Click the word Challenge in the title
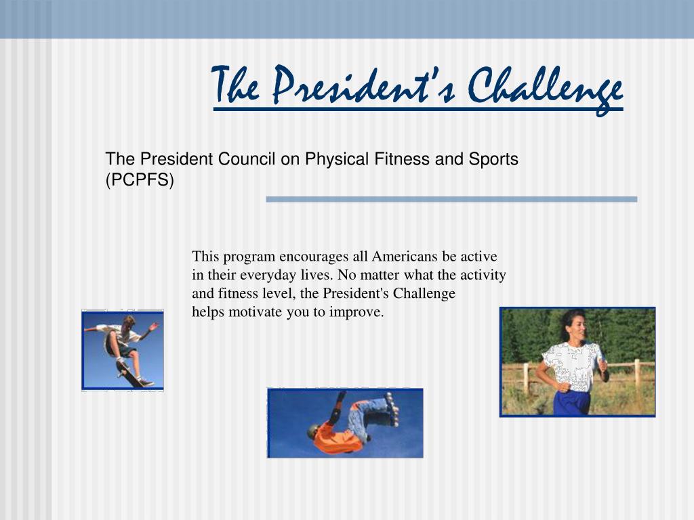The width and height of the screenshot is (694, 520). [546, 89]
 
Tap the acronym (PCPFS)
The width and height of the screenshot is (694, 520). [140, 180]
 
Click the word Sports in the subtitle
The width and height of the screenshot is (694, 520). [493, 159]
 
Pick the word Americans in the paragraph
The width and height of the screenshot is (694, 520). [402, 257]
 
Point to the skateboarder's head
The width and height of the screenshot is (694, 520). [129, 321]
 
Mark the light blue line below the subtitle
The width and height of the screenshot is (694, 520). [451, 200]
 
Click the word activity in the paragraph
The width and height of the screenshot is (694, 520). [483, 276]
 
